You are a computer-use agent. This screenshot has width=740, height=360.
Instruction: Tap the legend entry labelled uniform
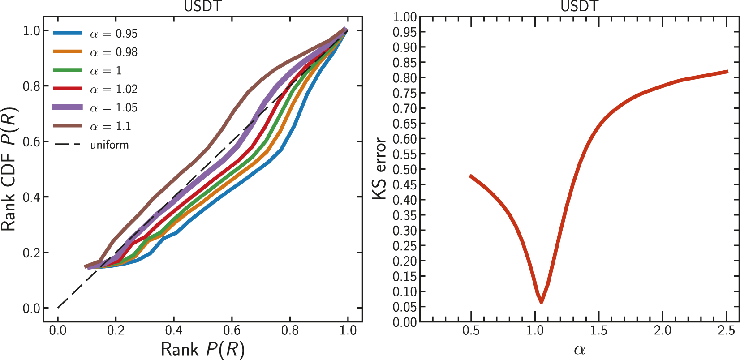(x=92, y=145)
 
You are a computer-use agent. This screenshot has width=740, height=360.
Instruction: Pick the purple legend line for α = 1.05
(x=68, y=107)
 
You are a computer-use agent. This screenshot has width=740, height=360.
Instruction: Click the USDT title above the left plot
(x=203, y=6)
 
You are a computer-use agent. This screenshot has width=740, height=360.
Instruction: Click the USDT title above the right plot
(x=579, y=6)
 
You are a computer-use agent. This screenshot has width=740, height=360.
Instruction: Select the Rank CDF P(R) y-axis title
(x=9, y=169)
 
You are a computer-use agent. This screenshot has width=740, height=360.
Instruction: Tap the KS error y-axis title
(x=380, y=169)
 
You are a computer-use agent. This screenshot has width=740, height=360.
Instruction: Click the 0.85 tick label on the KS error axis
(x=404, y=63)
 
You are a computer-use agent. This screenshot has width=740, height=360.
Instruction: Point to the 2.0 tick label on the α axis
(x=662, y=330)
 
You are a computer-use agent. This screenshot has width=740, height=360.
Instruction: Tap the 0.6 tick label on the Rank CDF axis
(x=31, y=141)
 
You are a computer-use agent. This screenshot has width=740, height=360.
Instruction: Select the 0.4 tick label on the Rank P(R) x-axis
(x=173, y=330)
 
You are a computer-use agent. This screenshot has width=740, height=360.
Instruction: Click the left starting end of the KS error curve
(x=470, y=176)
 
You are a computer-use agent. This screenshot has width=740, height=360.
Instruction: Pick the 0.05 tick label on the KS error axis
(x=404, y=307)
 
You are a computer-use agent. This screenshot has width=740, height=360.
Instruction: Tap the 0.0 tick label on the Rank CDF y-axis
(x=31, y=308)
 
